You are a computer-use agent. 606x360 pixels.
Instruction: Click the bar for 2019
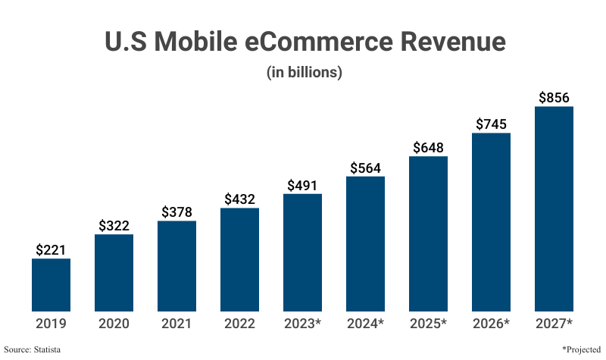click(x=51, y=285)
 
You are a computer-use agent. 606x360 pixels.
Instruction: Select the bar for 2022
click(x=239, y=259)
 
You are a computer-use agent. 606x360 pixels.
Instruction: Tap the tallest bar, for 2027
click(x=554, y=208)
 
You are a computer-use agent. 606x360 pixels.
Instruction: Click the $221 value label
click(x=51, y=249)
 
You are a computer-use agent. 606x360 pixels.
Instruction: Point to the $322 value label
click(x=114, y=225)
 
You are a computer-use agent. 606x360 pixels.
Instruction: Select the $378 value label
click(x=176, y=211)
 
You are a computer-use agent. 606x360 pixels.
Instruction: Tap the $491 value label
click(x=302, y=184)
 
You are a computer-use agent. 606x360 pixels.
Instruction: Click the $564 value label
click(x=365, y=167)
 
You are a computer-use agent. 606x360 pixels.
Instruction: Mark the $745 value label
click(x=491, y=124)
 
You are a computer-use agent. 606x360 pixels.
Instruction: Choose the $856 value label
click(x=554, y=97)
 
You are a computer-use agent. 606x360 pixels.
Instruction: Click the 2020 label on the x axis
click(x=114, y=324)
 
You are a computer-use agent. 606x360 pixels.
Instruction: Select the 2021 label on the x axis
click(x=176, y=324)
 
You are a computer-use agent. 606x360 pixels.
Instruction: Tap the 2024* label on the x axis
click(x=365, y=324)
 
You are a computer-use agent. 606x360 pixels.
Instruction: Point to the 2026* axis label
click(x=491, y=324)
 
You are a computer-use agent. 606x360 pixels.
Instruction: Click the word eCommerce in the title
click(x=320, y=42)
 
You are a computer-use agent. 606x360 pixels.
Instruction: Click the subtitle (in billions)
click(x=304, y=73)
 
